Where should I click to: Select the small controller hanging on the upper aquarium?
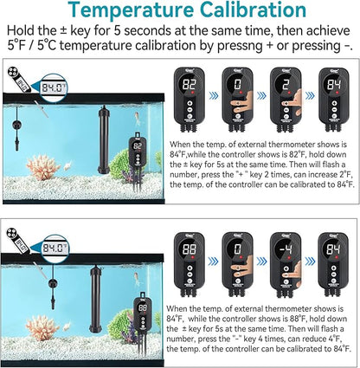pyautogui.click(x=137, y=157)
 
